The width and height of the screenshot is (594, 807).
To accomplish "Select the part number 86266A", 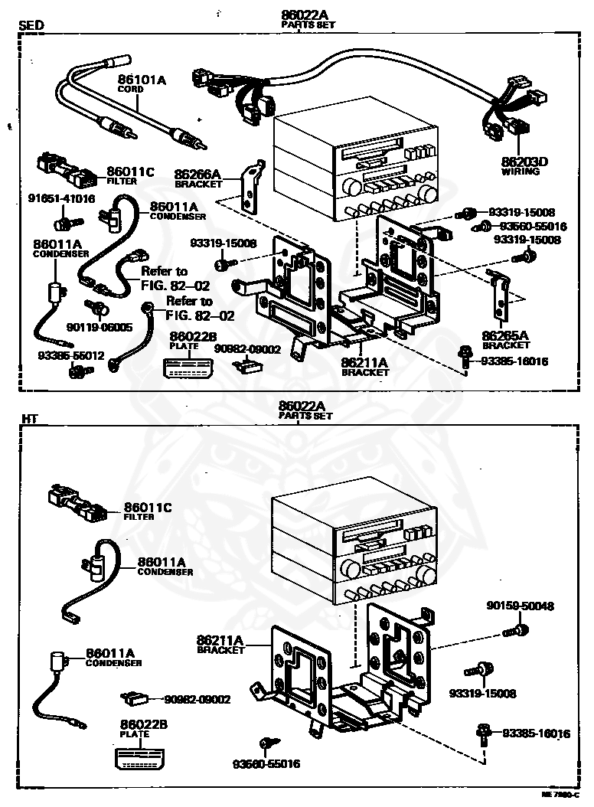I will point(197,175).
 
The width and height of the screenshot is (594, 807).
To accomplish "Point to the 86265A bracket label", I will point(505,335).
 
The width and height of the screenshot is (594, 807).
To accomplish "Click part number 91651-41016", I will point(62,198).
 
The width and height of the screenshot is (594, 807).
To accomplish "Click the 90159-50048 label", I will point(521,606).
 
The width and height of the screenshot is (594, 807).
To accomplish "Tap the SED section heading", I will point(31,25).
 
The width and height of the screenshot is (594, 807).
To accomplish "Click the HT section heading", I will point(29,419).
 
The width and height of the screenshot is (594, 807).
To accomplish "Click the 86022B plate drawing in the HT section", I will point(141,756).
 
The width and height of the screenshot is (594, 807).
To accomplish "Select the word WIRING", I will point(521,172).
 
